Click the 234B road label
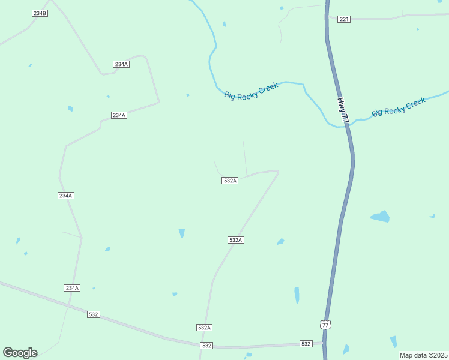point(40,13)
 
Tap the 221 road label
point(343,19)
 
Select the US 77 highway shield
point(325,325)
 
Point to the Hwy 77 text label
point(343,110)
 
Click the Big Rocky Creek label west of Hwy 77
point(251,91)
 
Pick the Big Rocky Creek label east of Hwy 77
point(398,107)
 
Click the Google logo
point(20,353)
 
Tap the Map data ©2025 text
point(423,355)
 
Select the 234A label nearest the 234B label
point(121,64)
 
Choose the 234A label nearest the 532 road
point(72,288)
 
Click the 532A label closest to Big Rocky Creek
point(230,181)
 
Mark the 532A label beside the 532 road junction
point(204,328)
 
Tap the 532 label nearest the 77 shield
point(306,344)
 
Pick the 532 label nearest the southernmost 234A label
point(93,314)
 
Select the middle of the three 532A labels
point(235,240)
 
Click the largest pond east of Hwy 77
point(380,216)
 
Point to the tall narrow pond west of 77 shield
point(297,295)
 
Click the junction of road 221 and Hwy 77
point(328,18)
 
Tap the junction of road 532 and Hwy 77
point(324,344)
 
